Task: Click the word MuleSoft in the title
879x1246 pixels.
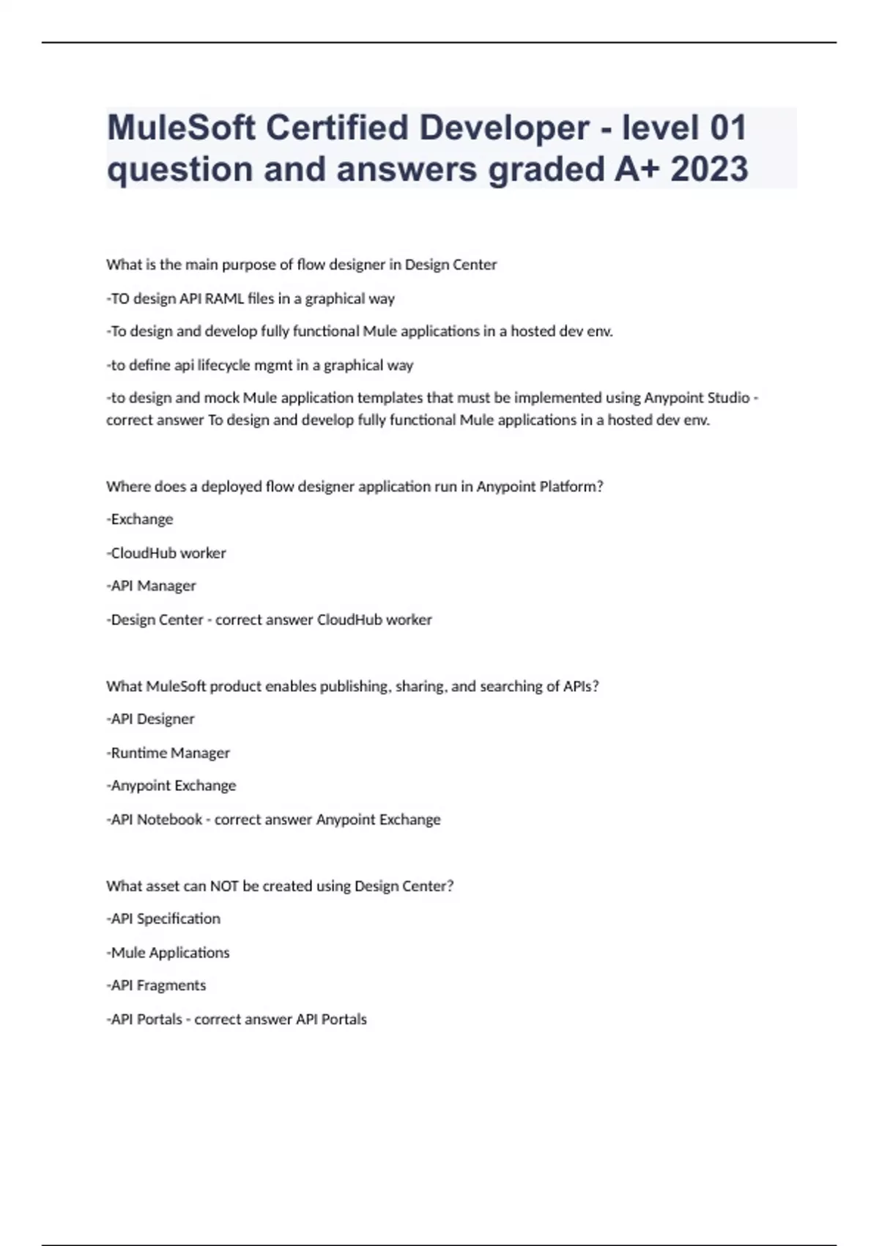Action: pos(180,128)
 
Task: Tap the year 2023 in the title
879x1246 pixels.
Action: pos(709,169)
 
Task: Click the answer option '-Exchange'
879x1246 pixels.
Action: pos(140,519)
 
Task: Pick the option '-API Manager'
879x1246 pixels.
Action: pos(151,586)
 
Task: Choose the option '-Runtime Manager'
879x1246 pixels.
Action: pos(168,753)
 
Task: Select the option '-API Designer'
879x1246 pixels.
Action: pos(150,719)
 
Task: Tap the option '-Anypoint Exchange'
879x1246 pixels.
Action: pos(171,786)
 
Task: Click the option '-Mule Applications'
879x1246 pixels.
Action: pos(168,953)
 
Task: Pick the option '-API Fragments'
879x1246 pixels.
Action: pos(156,986)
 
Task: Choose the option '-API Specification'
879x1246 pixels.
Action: pos(163,919)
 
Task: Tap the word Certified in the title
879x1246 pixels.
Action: pos(337,128)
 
